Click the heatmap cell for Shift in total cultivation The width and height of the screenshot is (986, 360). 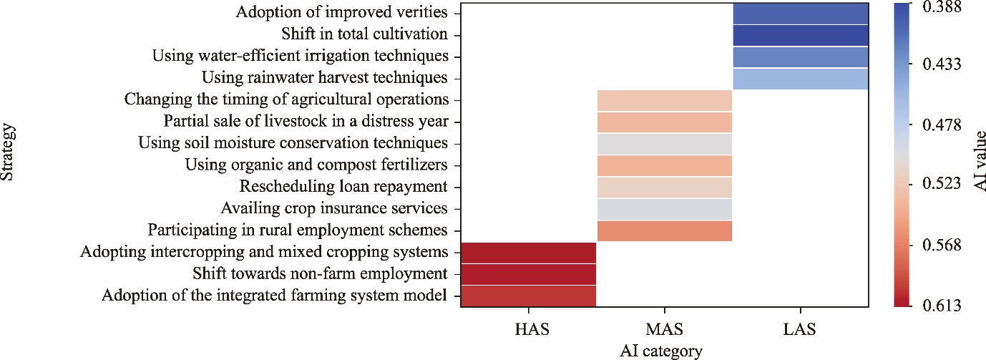tap(800, 34)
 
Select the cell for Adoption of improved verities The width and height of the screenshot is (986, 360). tap(800, 13)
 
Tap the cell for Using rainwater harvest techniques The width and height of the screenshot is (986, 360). tap(800, 78)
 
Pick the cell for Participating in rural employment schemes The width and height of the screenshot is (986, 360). tap(664, 230)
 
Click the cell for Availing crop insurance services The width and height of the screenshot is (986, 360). tap(664, 209)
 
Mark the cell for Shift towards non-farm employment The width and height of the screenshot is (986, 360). tap(529, 274)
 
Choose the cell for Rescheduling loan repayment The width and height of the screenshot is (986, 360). tap(664, 187)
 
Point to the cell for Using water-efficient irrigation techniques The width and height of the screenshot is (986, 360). tap(800, 57)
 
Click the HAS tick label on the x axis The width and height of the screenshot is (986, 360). tap(529, 330)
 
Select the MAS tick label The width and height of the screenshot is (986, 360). tap(664, 330)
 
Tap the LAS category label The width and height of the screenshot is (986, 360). tap(800, 330)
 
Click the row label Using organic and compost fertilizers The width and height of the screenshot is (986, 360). tap(316, 165)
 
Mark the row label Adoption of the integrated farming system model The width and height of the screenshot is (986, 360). tap(275, 296)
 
